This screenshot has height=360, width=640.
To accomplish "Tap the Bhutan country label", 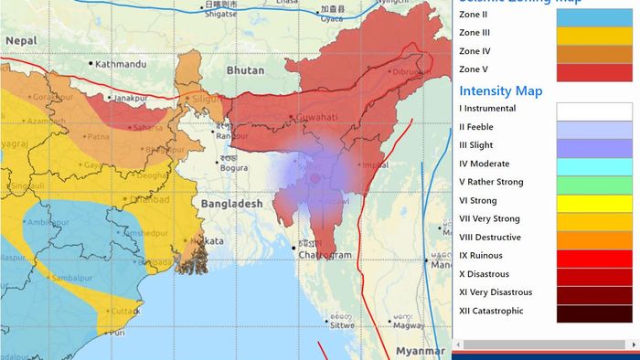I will point(244,69).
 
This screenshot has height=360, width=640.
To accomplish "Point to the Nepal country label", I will point(20,41).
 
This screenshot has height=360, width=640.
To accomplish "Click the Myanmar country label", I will point(421,351).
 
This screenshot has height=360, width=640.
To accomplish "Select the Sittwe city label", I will point(343,324).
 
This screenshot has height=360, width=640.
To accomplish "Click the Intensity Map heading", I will point(500,90).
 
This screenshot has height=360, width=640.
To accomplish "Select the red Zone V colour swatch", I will point(594,71).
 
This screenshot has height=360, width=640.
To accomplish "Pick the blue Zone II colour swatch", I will point(594,16).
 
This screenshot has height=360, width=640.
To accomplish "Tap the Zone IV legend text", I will point(475,51).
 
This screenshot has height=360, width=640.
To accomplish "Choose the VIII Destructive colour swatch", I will point(594,238).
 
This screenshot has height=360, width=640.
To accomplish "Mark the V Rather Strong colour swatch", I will point(594,183).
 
